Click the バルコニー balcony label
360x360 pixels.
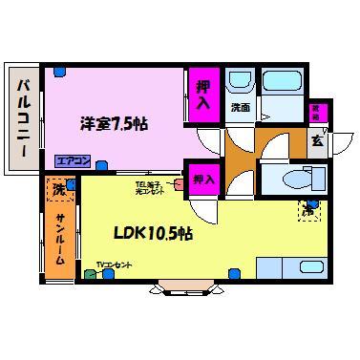pyautogui.click(x=21, y=118)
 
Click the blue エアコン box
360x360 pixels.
pyautogui.click(x=70, y=160)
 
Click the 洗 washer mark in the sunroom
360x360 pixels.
pyautogui.click(x=59, y=190)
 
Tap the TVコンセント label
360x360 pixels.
pyautogui.click(x=115, y=264)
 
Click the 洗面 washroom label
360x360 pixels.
pyautogui.click(x=240, y=108)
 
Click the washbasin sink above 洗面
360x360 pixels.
pyautogui.click(x=240, y=80)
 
